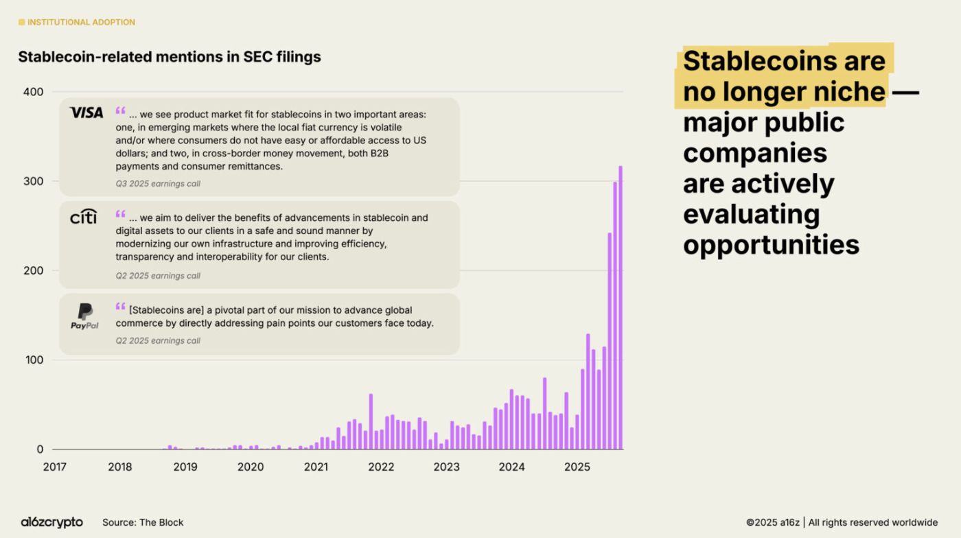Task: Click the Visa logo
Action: [86, 113]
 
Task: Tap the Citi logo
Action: [84, 217]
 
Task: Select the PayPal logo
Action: [84, 316]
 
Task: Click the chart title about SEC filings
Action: [170, 57]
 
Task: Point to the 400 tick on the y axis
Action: [33, 92]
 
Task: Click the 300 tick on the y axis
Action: [33, 181]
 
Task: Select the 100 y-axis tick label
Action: [33, 360]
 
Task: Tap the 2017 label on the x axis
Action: [54, 467]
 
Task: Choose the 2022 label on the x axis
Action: [381, 467]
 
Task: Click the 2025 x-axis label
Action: [577, 467]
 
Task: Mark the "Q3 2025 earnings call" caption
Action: [158, 184]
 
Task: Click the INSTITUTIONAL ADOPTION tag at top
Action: [81, 22]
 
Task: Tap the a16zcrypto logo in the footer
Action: [51, 522]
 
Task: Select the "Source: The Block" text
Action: [143, 522]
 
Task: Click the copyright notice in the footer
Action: [842, 522]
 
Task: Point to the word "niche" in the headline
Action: [844, 91]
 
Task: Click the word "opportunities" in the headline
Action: [771, 244]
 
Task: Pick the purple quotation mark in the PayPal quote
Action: [121, 307]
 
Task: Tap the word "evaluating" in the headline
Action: [751, 214]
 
